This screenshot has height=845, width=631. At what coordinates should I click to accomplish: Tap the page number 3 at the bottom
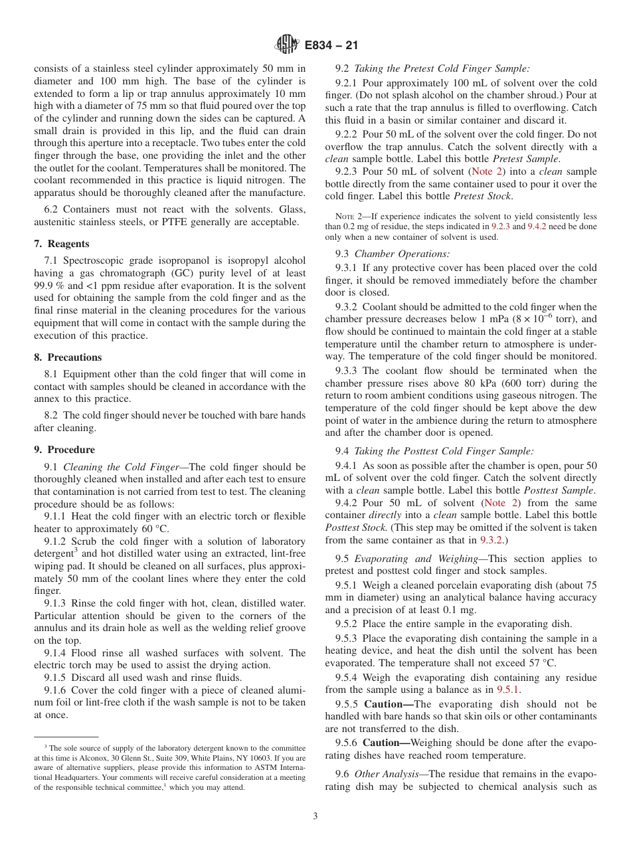(x=315, y=816)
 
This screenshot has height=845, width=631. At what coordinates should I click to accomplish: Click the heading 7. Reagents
(x=61, y=244)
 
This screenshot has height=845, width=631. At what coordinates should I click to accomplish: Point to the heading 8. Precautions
(x=68, y=357)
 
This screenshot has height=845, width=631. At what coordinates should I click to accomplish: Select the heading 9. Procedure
(x=64, y=450)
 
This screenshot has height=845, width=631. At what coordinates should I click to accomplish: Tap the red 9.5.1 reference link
(x=508, y=690)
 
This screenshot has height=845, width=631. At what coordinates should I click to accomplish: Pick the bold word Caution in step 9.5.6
(x=387, y=743)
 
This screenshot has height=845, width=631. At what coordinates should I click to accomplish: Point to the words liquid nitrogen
(x=268, y=181)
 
